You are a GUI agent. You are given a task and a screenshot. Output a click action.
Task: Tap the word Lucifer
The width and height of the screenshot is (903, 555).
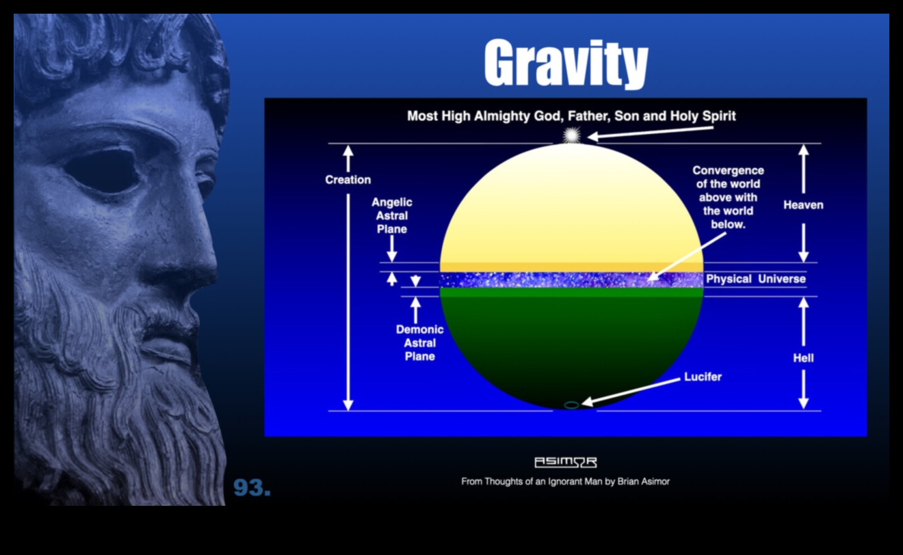703,377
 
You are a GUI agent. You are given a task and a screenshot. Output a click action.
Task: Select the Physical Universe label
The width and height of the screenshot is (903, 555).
755,279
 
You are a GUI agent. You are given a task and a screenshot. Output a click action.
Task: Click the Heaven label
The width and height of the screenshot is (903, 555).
803,204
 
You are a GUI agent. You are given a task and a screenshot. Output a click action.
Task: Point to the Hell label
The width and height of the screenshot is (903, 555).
803,357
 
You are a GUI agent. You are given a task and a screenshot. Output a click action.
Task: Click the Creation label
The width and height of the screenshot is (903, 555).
348,180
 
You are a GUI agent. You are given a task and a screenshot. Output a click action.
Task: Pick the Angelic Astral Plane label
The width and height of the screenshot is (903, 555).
392,215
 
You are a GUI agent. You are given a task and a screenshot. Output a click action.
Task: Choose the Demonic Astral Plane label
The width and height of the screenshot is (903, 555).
419,342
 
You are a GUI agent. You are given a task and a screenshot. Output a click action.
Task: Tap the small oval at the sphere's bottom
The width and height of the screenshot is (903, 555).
571,405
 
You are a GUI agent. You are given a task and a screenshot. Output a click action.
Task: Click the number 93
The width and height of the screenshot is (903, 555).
252,487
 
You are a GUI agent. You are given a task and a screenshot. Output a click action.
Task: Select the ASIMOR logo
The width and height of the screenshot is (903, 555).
565,463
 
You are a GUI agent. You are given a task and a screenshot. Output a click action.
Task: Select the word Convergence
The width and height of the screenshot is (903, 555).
728,170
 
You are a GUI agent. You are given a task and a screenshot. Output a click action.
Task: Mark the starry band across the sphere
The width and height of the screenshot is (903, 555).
571,280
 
